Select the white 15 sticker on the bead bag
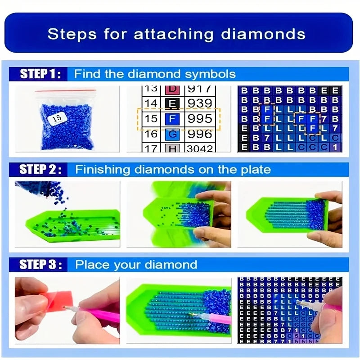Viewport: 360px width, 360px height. pyautogui.click(x=57, y=118)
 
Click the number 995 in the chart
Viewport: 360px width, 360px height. pyautogui.click(x=199, y=119)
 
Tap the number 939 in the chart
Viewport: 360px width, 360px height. pyautogui.click(x=199, y=103)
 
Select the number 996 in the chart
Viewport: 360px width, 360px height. pyautogui.click(x=199, y=134)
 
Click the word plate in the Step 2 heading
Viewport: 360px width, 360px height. pyautogui.click(x=256, y=170)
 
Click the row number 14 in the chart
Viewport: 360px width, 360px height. pyautogui.click(x=152, y=104)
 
